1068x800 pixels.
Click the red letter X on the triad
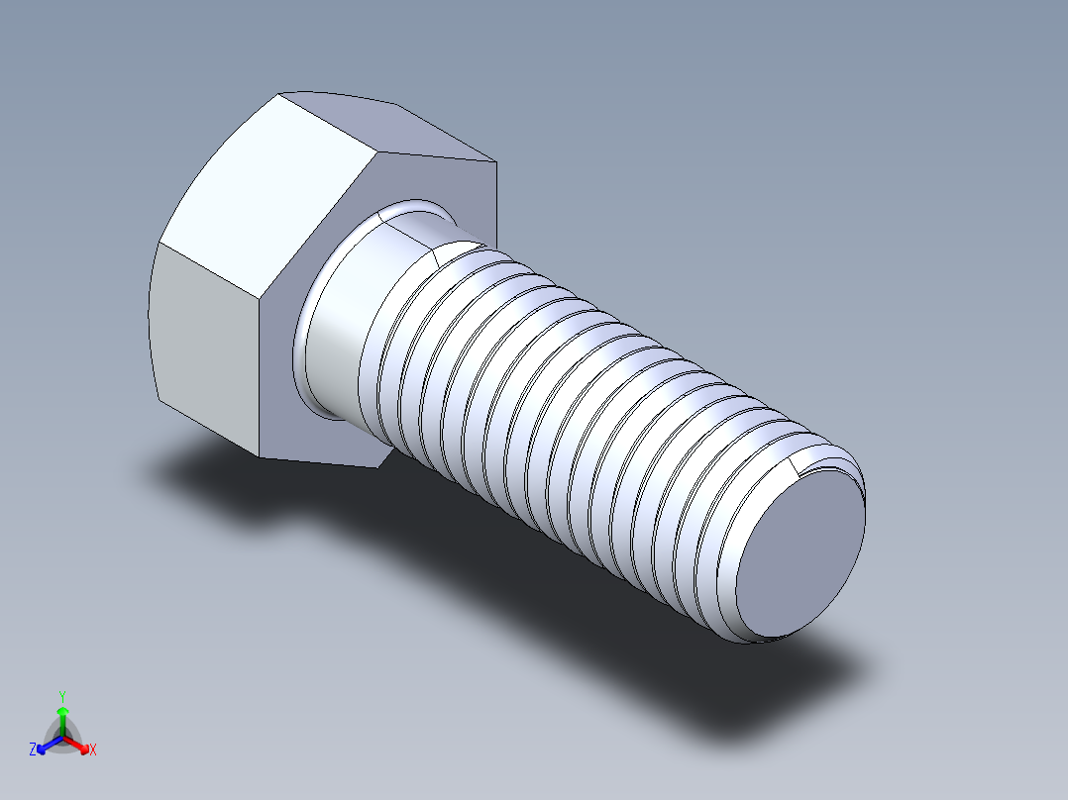[93, 750]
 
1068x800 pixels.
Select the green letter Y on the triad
[62, 696]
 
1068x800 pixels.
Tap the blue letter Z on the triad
[33, 750]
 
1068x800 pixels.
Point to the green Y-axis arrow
[62, 718]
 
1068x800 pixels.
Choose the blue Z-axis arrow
[47, 745]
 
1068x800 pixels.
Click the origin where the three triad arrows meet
[62, 738]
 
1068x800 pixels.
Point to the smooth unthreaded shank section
[342, 327]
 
